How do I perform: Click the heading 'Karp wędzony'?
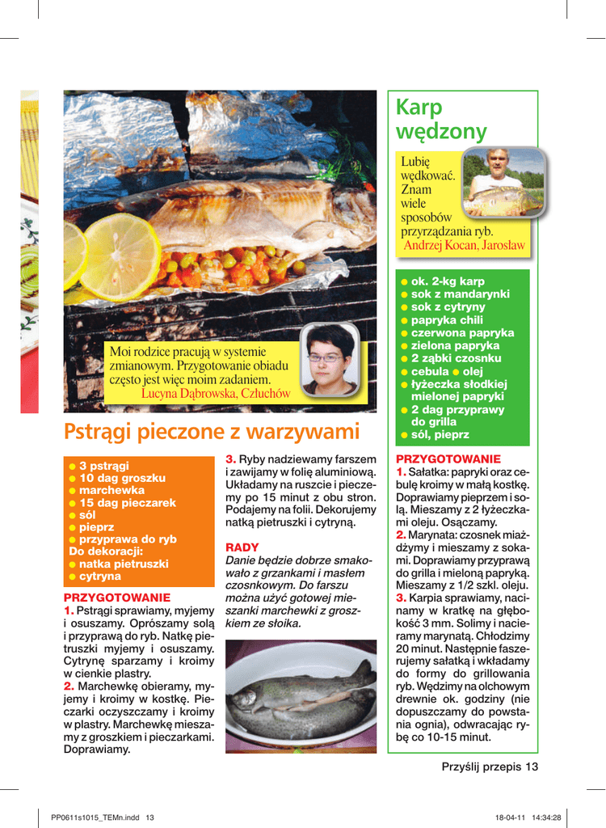pos(441,120)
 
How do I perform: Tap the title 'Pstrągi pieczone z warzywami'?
pos(211,432)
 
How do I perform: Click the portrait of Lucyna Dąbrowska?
pos(329,360)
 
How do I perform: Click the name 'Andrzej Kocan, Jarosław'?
pos(464,245)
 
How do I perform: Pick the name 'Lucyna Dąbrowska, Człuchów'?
pos(215,393)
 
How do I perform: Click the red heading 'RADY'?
pos(242,547)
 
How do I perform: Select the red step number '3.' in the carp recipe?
pos(402,598)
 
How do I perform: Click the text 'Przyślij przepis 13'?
pos(489,767)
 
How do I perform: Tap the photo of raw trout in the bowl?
pos(301,693)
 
